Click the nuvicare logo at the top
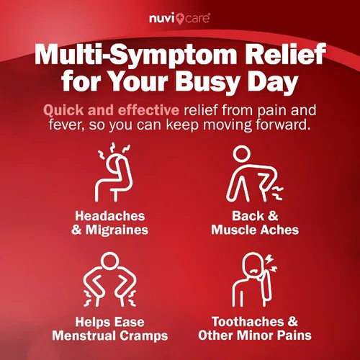pos(179,19)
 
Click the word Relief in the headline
pos(284,53)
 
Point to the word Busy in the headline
pos(207,82)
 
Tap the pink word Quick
pos(63,110)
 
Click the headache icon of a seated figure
pos(114,172)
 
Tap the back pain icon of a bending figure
pos(254,174)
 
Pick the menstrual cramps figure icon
pos(109,279)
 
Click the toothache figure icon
pos(255,279)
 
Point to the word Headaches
pos(110,216)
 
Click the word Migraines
pos(117,230)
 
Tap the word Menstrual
pos(84,336)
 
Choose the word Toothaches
pos(248,322)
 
